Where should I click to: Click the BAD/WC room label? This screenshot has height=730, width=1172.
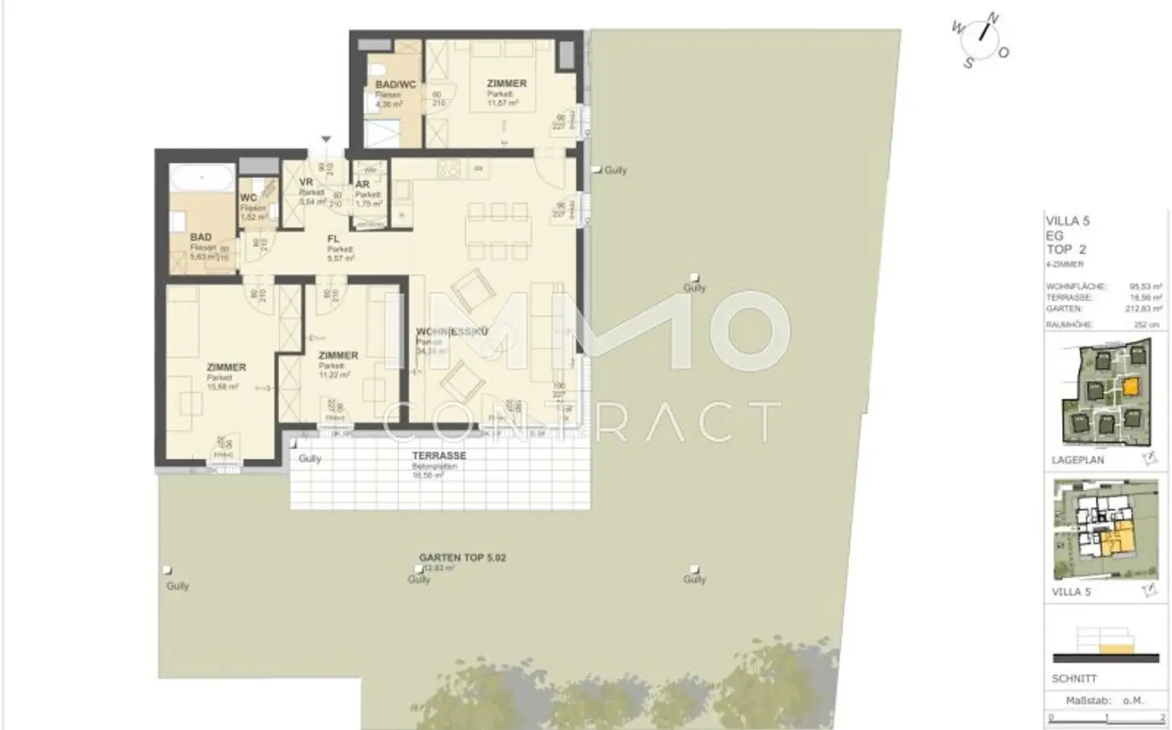[395, 84]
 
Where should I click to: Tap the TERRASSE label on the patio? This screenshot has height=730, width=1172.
[439, 455]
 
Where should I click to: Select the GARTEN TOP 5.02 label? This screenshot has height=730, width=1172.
[462, 557]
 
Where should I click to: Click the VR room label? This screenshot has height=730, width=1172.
[306, 182]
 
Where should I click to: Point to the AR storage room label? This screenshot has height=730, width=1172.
[362, 184]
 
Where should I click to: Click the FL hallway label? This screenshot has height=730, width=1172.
[333, 239]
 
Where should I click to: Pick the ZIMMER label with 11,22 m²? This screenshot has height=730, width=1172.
[338, 355]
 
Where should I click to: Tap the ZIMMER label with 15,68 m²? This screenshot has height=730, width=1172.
[226, 367]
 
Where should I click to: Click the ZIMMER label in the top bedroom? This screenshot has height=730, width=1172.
[507, 83]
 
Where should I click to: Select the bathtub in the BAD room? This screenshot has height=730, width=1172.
[201, 179]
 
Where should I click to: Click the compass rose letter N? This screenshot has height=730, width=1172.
[993, 18]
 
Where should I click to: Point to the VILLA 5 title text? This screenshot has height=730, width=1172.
[1067, 221]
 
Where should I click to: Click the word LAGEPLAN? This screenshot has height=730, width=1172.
[1077, 460]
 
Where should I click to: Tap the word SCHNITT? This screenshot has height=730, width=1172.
[1074, 678]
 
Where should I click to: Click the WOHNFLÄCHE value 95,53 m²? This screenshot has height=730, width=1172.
[1145, 286]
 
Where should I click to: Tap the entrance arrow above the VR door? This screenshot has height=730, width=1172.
[326, 140]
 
